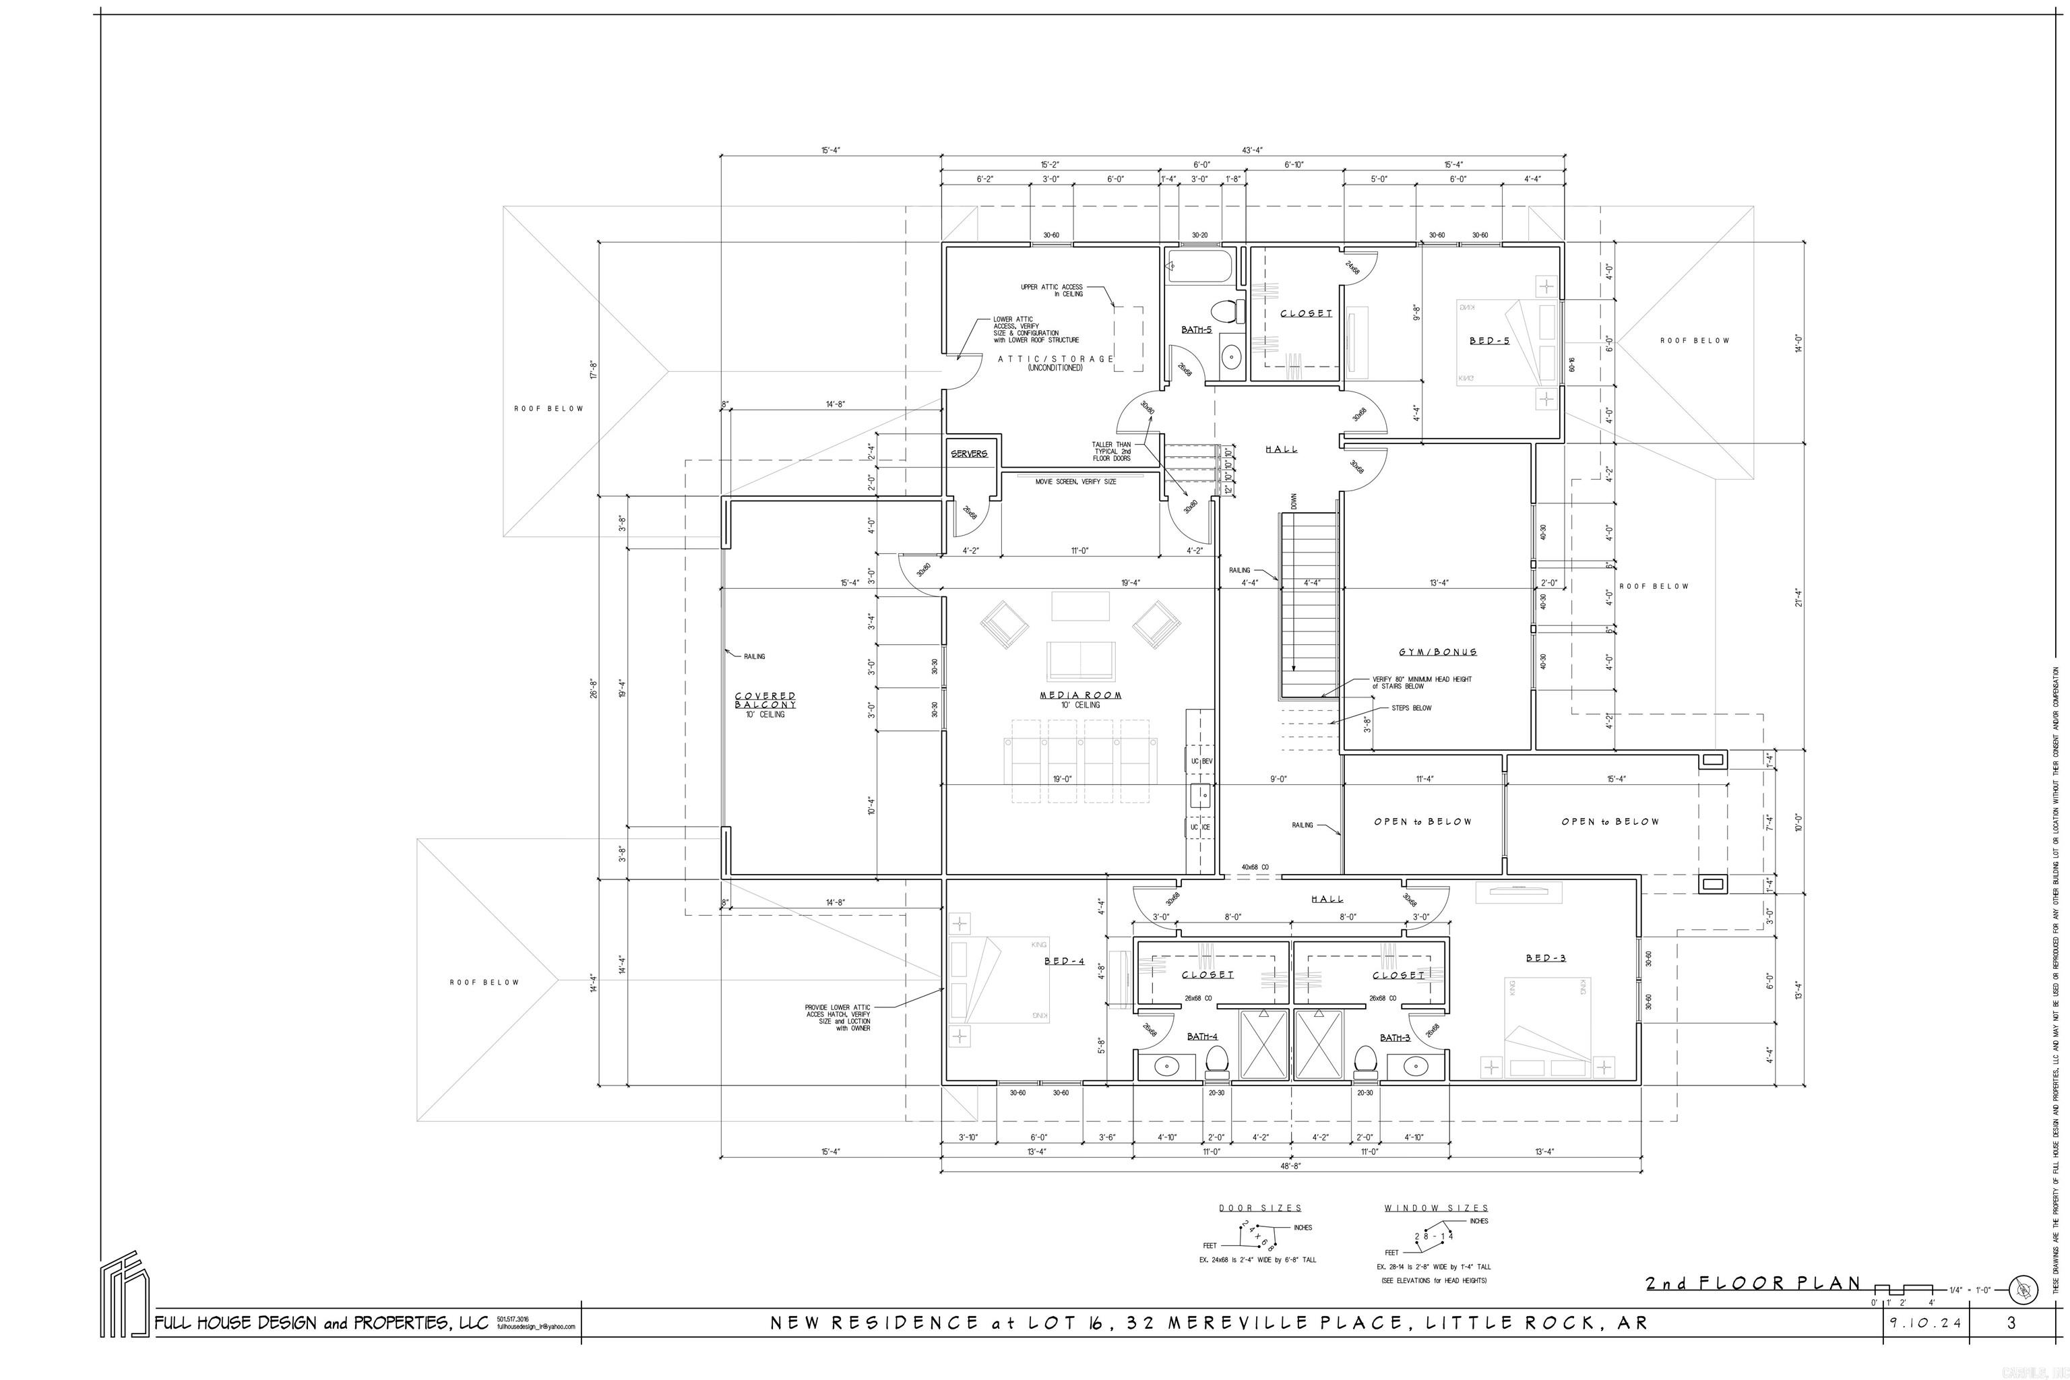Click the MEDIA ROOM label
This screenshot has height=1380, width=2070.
(1080, 695)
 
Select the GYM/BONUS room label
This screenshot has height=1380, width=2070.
(1437, 652)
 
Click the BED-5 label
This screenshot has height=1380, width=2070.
(1489, 340)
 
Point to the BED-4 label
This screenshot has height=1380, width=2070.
(1064, 961)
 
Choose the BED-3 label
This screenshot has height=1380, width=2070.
(1546, 958)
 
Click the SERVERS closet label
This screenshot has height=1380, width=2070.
(969, 454)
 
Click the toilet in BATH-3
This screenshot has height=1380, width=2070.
(1364, 1061)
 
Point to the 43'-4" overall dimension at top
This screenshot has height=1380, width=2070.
(1253, 150)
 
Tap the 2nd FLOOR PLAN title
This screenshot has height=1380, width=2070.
(1753, 1283)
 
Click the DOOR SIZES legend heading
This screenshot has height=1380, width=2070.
(1259, 1207)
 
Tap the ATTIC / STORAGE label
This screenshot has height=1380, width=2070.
(1055, 359)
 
